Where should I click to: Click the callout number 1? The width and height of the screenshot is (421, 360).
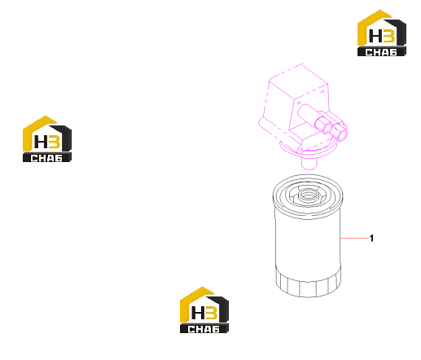371,239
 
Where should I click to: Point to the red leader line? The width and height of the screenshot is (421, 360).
355,239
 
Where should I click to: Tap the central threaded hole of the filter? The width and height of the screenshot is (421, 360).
308,195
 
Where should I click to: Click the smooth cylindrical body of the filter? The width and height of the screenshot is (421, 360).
308,242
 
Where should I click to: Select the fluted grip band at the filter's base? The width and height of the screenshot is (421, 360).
308,283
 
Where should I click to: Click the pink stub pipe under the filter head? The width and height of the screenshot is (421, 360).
309,164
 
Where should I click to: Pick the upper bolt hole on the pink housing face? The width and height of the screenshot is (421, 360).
322,91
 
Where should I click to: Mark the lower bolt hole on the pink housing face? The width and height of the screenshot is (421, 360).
299,103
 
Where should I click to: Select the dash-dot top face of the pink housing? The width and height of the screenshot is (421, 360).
299,81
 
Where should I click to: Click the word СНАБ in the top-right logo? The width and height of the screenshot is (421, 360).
381,52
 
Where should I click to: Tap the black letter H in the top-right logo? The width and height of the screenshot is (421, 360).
375,36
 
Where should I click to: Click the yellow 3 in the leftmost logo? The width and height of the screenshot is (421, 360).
55,142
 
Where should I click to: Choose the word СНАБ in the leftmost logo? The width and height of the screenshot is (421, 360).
46,158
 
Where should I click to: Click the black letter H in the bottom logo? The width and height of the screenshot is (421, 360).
197,313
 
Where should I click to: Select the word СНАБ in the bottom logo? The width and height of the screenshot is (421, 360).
204,329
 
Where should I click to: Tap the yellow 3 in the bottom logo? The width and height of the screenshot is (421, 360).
212,313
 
